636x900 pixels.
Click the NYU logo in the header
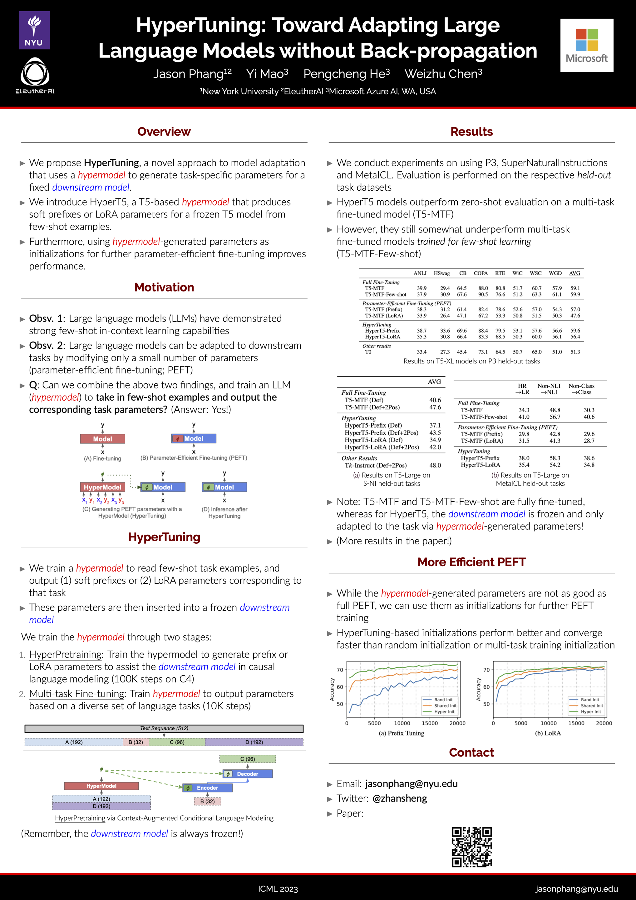point(34,30)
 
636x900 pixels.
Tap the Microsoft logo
point(586,46)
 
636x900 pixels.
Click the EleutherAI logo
point(35,76)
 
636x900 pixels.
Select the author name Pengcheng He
point(346,74)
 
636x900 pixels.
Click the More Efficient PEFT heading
point(471,562)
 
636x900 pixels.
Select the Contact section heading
point(471,752)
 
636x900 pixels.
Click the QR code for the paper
point(471,847)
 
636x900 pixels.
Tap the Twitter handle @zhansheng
point(399,798)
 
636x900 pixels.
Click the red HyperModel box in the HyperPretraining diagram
point(101,786)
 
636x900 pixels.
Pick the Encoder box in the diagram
point(207,788)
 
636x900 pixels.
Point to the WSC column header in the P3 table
point(535,273)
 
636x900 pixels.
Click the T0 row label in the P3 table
point(368,352)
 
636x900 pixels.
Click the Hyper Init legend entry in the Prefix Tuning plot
point(444,712)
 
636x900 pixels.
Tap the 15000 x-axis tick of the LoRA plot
point(576,723)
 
